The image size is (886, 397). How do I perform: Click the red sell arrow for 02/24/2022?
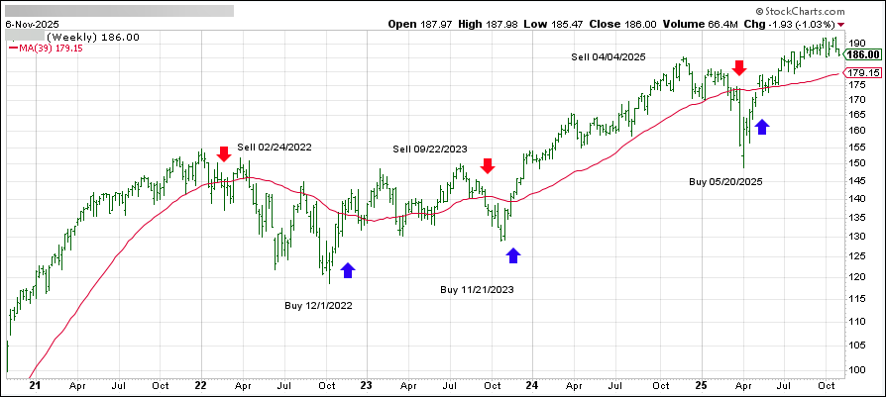click(x=224, y=153)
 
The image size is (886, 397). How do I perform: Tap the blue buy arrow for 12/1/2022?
click(x=347, y=269)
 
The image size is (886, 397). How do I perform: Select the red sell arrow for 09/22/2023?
click(x=487, y=165)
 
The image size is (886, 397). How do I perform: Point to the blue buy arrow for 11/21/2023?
click(x=513, y=255)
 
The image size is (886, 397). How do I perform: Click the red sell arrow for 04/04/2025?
click(x=738, y=67)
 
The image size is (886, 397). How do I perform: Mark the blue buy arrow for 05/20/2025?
click(x=761, y=127)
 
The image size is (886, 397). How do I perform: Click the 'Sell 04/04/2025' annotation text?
click(x=609, y=57)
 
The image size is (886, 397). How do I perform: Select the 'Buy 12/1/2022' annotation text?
click(x=317, y=306)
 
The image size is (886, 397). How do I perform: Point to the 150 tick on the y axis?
click(x=859, y=162)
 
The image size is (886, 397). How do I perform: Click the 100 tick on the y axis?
click(x=859, y=369)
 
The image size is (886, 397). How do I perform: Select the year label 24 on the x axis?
click(x=531, y=387)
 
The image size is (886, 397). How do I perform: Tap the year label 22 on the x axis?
click(x=200, y=387)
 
